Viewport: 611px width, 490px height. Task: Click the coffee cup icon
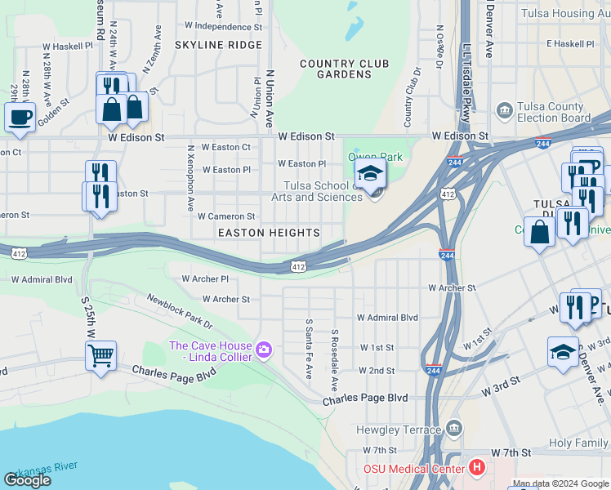pyautogui.click(x=20, y=115)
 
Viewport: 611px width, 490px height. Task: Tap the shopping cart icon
pyautogui.click(x=100, y=355)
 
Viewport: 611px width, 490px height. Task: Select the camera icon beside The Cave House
pyautogui.click(x=263, y=350)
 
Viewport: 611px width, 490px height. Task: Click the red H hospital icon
pyautogui.click(x=478, y=468)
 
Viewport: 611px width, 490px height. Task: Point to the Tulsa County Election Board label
pyautogui.click(x=554, y=113)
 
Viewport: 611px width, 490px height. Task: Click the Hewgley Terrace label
pyautogui.click(x=399, y=429)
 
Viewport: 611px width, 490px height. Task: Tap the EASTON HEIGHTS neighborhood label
pyautogui.click(x=268, y=233)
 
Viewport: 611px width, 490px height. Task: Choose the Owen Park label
pyautogui.click(x=375, y=156)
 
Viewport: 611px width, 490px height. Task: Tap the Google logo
pyautogui.click(x=27, y=480)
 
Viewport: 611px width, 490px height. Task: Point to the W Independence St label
pyautogui.click(x=223, y=26)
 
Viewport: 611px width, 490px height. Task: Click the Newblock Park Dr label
pyautogui.click(x=179, y=313)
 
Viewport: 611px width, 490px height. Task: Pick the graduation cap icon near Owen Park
pyautogui.click(x=370, y=172)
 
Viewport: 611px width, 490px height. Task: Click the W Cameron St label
pyautogui.click(x=225, y=216)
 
